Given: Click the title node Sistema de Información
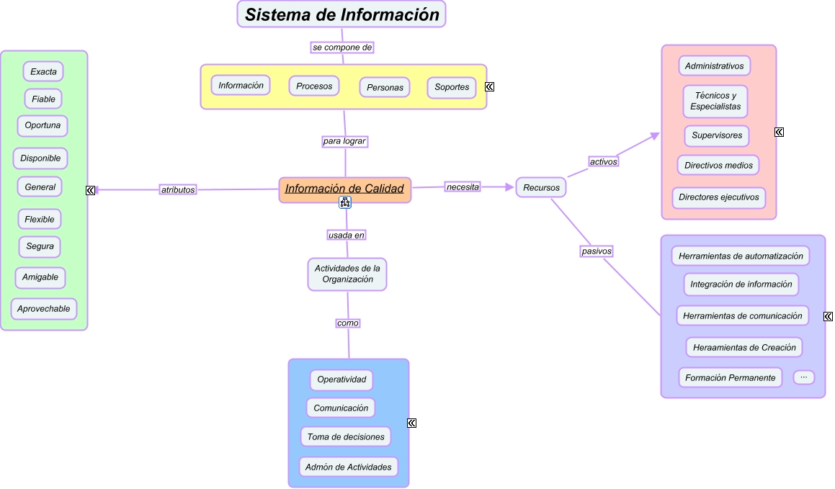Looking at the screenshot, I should click(341, 14).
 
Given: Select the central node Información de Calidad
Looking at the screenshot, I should click(344, 189).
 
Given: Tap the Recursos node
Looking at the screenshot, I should click(541, 188).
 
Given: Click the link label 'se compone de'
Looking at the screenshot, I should click(342, 48).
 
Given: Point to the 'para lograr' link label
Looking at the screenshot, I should click(344, 142).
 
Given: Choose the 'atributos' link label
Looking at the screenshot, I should click(178, 190).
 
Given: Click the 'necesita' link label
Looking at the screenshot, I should click(463, 187).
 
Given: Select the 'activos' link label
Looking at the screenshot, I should click(604, 162).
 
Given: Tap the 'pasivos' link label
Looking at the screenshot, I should click(597, 251).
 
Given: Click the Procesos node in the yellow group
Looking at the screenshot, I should click(314, 86).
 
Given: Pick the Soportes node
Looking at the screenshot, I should click(452, 87).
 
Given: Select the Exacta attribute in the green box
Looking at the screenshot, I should click(43, 71).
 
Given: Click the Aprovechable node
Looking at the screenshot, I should click(44, 309).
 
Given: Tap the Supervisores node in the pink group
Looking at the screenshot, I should click(717, 135).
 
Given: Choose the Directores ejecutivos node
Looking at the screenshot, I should click(718, 197).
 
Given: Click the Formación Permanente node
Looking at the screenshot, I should click(730, 377).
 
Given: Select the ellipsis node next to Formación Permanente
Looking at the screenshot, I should click(803, 377).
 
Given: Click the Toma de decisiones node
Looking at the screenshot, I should click(346, 436).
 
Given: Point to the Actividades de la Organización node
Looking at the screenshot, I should click(347, 274).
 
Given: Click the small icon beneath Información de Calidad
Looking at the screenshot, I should click(345, 203).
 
